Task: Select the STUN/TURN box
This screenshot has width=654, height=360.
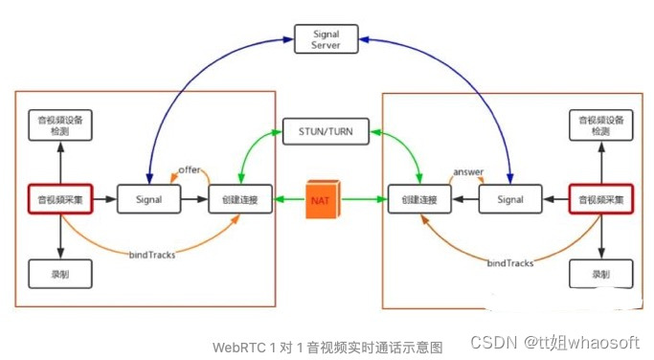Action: pos(327,131)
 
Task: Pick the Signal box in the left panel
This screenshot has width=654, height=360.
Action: pos(149,200)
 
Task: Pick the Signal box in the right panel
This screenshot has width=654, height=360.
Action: pos(509,200)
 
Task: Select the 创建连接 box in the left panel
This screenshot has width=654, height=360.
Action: pos(239,200)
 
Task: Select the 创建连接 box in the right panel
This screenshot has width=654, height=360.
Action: pos(419,200)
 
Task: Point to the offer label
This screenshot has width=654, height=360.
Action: pos(189,170)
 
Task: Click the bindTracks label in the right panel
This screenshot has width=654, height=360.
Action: pos(509,261)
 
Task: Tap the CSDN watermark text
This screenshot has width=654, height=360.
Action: pos(494,342)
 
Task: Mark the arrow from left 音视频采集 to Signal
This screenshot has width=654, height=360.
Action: pos(105,200)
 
